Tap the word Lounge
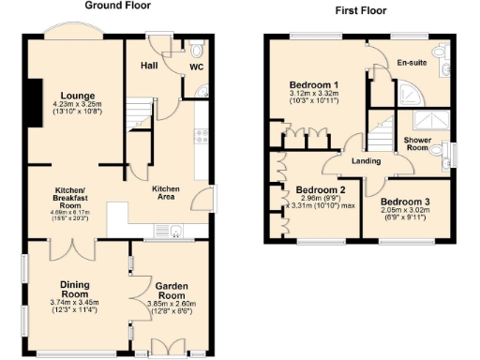coord(74,95)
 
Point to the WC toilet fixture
coord(195,51)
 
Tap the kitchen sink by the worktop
coord(175,234)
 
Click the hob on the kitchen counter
coord(201,137)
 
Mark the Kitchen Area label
coord(166,192)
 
